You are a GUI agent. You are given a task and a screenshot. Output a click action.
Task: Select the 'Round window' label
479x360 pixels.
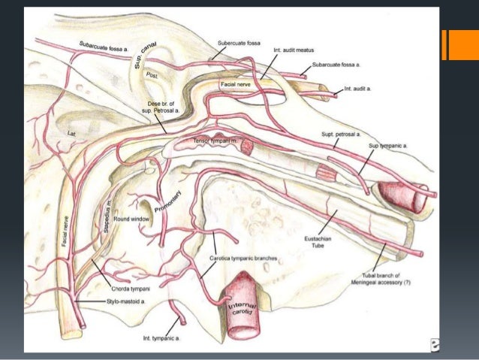[x=132, y=219]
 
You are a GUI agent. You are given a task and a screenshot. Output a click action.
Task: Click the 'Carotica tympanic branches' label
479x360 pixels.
[x=243, y=258]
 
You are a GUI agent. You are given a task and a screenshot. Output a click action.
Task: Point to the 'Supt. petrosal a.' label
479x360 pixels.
[x=341, y=134]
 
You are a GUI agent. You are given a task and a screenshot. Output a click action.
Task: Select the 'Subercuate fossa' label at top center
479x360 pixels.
[x=238, y=44]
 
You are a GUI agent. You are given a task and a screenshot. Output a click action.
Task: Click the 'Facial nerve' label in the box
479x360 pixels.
[x=237, y=86]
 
